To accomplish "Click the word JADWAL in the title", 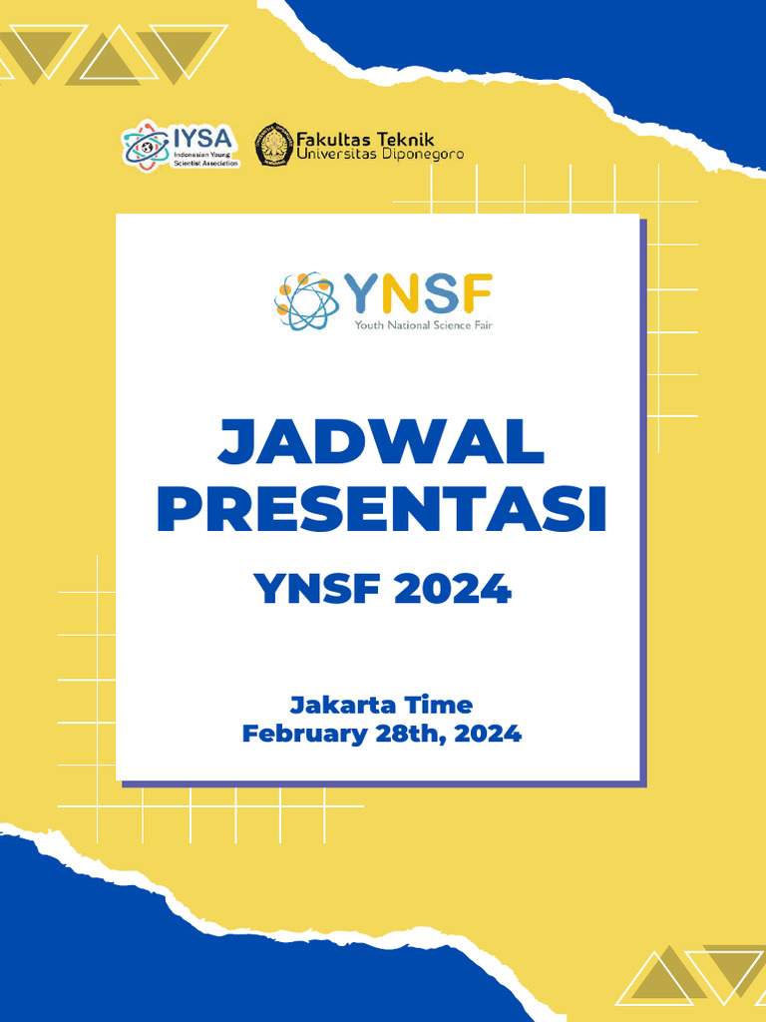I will tap(382, 443).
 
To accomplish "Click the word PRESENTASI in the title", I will tap(382, 509).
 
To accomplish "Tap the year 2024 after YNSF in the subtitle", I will tap(453, 589).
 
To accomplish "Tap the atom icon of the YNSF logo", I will tap(306, 301).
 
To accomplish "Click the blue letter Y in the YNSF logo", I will tap(362, 294).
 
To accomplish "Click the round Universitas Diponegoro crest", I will tap(274, 145).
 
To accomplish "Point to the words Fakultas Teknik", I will tap(365, 140).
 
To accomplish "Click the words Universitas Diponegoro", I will tap(380, 155).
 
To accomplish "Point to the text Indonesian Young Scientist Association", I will tap(206, 160).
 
